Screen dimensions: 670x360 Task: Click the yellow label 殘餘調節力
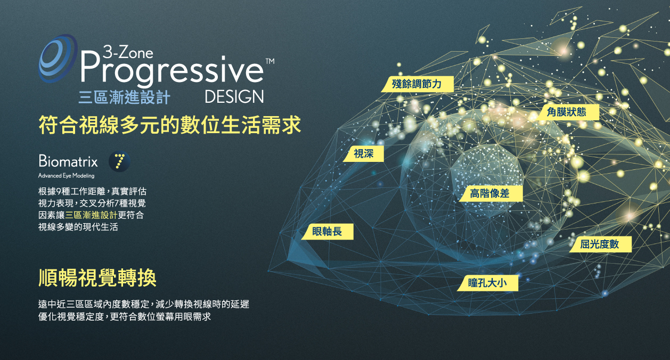[x=417, y=84]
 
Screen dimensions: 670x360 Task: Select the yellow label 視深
[x=363, y=154]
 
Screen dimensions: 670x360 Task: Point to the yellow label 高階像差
[x=491, y=193]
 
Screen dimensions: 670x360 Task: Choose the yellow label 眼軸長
[x=327, y=232]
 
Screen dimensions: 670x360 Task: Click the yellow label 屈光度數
[x=600, y=244]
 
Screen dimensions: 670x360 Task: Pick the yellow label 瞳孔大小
[x=487, y=283]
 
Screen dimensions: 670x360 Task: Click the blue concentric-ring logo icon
[x=58, y=58]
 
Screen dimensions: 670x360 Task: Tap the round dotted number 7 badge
[x=120, y=161]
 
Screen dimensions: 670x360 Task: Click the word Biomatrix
[x=68, y=161]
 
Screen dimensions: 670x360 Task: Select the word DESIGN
[x=234, y=97]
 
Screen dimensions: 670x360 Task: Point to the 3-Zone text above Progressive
[x=128, y=52]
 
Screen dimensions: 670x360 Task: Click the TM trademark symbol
[x=270, y=61]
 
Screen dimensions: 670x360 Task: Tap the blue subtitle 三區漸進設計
[x=125, y=97]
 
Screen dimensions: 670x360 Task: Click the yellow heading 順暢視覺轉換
[x=97, y=278]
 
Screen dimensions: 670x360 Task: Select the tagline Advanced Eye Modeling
[x=67, y=176]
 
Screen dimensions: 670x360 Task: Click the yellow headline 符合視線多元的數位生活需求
[x=170, y=125]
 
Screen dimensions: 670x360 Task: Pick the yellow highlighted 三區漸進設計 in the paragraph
[x=91, y=215]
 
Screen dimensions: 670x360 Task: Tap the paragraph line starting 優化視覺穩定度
[x=125, y=317]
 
